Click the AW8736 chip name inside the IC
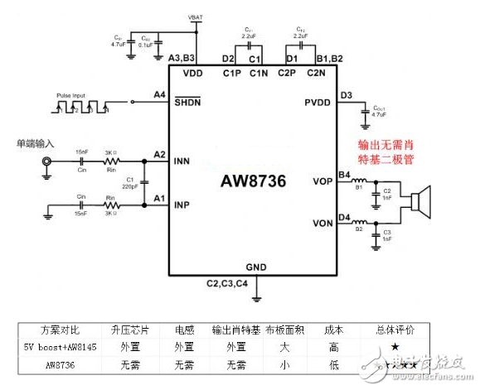pos(254,181)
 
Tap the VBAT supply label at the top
pos(196,17)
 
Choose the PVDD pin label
pos(318,102)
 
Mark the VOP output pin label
pos(322,180)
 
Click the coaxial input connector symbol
pos(47,164)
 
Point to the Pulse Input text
pos(72,95)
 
